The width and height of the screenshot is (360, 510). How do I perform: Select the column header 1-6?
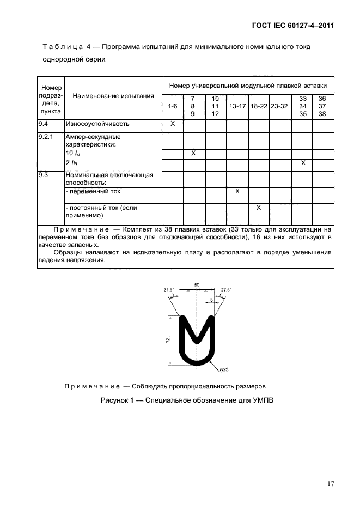point(173,106)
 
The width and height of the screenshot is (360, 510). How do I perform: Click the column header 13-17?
point(237,106)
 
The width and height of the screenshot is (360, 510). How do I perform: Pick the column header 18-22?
point(259,106)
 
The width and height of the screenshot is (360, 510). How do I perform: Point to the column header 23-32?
point(279,106)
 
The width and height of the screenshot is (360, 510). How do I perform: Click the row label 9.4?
point(44,124)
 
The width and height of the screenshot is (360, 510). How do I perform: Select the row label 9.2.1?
point(46,137)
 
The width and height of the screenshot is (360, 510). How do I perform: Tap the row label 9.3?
point(44,175)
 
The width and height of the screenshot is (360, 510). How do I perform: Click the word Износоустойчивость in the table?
point(94,124)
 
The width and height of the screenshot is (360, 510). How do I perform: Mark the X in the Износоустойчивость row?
point(173,124)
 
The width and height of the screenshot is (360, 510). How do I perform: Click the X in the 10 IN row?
point(194,154)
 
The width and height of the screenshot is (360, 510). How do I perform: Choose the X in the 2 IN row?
point(303,163)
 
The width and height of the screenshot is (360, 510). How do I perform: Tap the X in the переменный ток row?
point(237,192)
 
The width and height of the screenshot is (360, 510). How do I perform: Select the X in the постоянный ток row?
point(259,208)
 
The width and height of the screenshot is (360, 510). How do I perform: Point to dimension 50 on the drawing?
point(196,284)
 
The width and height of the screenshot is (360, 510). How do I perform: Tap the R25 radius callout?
point(224,369)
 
